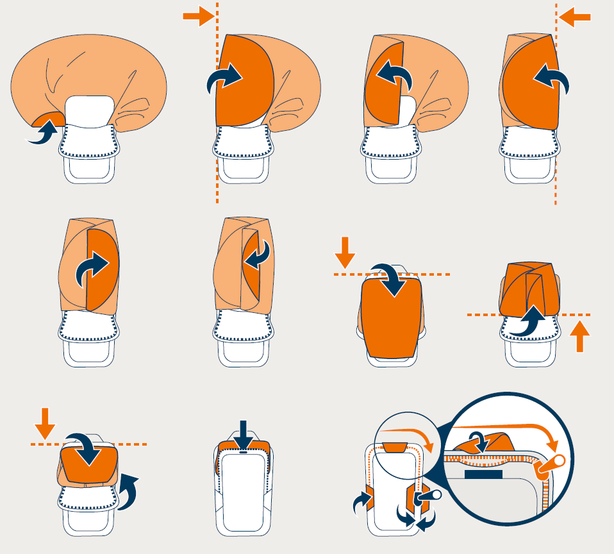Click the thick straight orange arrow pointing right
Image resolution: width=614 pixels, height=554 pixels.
point(197,15)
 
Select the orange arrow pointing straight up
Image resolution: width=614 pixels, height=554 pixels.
point(579,337)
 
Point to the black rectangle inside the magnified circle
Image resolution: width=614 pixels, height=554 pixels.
point(483,474)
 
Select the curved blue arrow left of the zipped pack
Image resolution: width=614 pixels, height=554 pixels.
point(360,503)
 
